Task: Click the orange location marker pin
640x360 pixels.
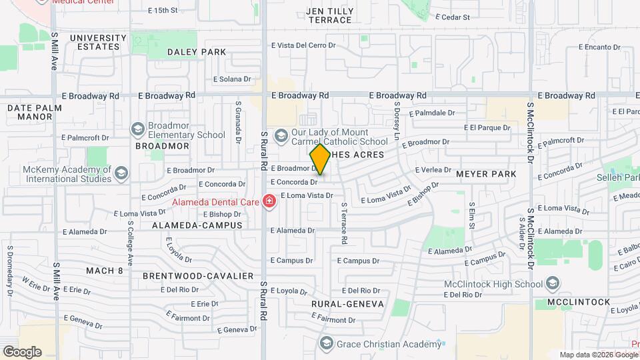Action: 320,159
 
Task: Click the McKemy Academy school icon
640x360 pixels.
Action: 121,173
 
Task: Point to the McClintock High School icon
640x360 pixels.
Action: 551,284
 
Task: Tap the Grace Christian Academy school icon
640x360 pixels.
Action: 326,343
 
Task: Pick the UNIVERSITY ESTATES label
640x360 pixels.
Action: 98,42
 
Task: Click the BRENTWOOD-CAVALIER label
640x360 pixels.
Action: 198,275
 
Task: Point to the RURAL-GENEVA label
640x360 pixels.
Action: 347,303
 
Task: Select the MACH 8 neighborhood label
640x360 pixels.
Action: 105,270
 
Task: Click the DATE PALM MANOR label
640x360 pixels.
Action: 35,111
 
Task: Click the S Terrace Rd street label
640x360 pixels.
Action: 344,223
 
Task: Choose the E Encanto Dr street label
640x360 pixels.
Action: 599,47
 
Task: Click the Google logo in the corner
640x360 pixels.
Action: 22,351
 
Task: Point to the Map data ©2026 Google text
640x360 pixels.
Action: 598,355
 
